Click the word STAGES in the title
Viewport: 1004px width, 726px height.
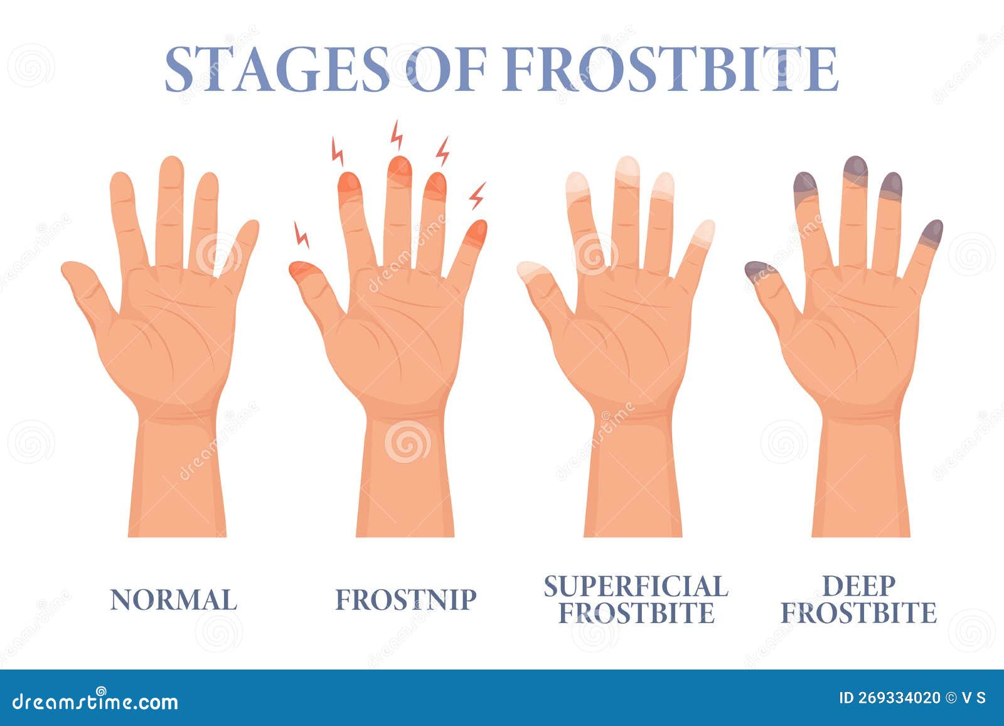[x=277, y=69]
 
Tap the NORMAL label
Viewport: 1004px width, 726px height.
[x=173, y=600]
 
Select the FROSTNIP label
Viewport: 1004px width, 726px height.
[x=405, y=600]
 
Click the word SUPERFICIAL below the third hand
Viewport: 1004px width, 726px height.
[x=636, y=585]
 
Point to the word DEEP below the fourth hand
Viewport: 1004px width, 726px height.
[x=859, y=585]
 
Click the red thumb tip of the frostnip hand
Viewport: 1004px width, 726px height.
[x=303, y=270]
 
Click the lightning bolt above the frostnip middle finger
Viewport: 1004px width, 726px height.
[x=397, y=135]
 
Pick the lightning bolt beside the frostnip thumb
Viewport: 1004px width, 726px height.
[x=301, y=235]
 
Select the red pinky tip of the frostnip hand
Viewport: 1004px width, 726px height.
[x=476, y=233]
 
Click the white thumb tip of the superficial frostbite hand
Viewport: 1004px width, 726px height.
[x=532, y=270]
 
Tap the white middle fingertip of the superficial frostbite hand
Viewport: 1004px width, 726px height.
[x=627, y=169]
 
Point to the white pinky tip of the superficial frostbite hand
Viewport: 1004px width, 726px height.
[x=703, y=233]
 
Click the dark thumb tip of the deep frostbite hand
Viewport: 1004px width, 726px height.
[x=760, y=270]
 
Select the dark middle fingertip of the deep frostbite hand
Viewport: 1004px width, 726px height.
[x=856, y=170]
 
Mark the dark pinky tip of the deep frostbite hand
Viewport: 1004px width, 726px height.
[x=932, y=233]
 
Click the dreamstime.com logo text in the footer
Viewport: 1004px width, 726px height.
[x=95, y=702]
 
